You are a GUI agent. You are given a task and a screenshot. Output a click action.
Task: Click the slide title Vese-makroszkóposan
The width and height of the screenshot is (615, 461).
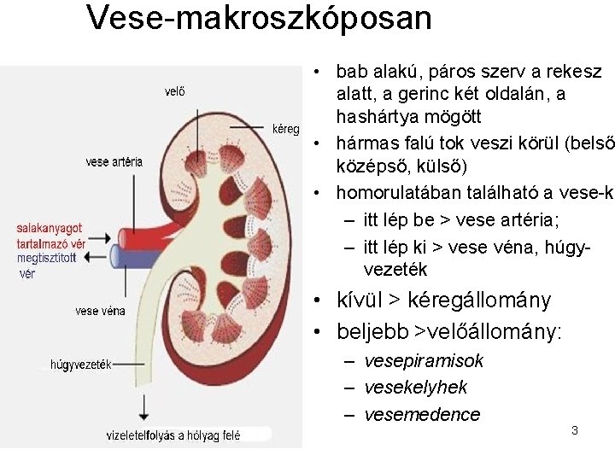(x=259, y=18)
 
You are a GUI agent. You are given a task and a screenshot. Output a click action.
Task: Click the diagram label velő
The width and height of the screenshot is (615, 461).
(x=174, y=92)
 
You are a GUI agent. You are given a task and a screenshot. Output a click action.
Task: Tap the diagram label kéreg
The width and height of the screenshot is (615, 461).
(x=285, y=129)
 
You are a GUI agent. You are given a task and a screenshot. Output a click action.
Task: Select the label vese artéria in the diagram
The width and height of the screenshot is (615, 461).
(x=114, y=161)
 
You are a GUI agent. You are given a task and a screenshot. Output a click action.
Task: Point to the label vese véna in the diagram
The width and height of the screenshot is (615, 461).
(x=100, y=311)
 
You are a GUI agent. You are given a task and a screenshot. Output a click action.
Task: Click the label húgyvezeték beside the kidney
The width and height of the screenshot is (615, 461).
(x=81, y=365)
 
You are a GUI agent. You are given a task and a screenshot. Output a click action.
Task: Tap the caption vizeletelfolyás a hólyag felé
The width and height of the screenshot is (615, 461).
(x=173, y=435)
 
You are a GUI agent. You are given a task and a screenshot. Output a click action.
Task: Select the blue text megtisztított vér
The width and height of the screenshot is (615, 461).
(x=46, y=266)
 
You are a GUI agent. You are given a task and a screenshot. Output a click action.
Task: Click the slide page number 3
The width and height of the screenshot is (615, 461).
(x=574, y=430)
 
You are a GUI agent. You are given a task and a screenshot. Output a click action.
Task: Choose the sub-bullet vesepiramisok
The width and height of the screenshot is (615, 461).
(x=424, y=361)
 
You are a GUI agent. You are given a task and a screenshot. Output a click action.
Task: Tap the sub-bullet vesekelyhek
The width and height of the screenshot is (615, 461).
(x=415, y=388)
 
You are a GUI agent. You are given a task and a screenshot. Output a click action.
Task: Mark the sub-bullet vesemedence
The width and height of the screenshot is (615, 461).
(x=422, y=415)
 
